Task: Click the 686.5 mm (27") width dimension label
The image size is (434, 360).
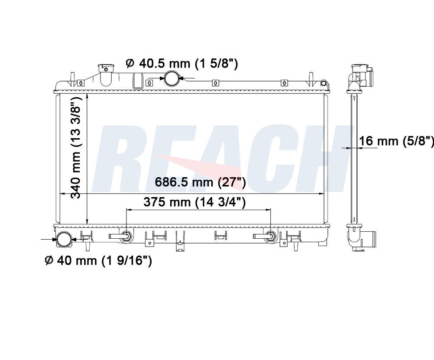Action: [200, 182]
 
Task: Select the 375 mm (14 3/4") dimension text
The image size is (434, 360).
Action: [194, 202]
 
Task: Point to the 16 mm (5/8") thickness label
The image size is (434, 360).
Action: [396, 141]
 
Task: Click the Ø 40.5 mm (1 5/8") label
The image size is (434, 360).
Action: [181, 64]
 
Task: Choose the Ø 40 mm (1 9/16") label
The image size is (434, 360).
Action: [98, 260]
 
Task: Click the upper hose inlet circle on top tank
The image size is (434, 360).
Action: [172, 78]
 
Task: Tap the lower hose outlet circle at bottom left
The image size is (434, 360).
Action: [64, 239]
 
